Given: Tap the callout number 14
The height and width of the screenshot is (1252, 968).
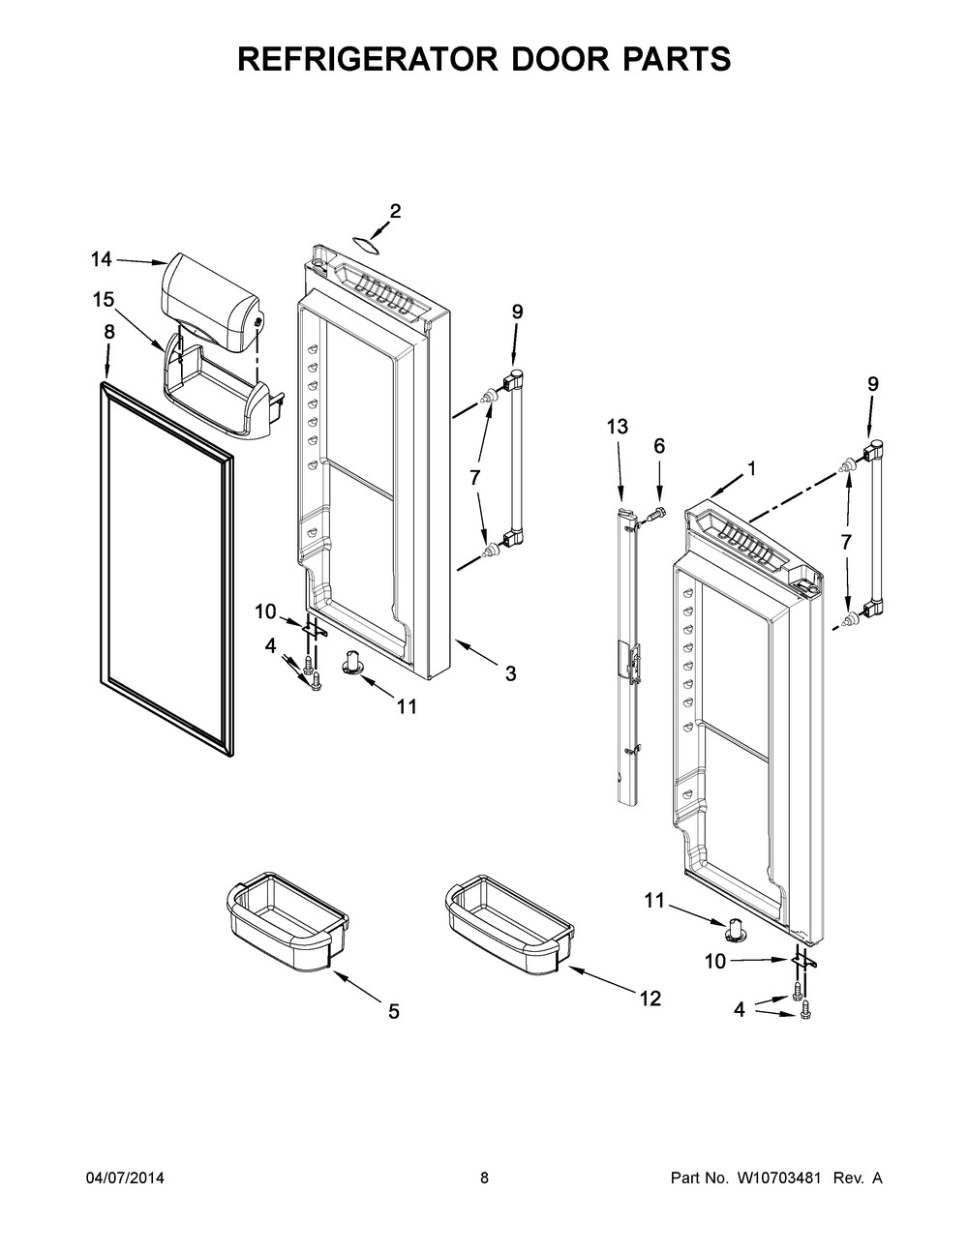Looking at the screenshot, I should pyautogui.click(x=102, y=258).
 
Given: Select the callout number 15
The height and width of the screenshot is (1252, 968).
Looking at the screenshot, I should pyautogui.click(x=104, y=300).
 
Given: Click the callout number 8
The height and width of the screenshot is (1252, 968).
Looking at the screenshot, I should pyautogui.click(x=109, y=331).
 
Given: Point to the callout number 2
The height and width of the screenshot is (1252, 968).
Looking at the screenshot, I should pyautogui.click(x=395, y=211).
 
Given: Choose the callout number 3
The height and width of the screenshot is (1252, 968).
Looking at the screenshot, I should pyautogui.click(x=509, y=673).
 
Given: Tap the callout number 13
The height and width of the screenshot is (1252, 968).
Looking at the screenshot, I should pyautogui.click(x=618, y=426).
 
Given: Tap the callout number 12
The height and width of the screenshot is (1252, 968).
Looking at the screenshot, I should pyautogui.click(x=650, y=999).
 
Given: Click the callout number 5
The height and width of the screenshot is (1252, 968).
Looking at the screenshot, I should pyautogui.click(x=393, y=1012).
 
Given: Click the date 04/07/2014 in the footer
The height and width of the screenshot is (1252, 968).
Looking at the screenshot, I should pyautogui.click(x=125, y=1178).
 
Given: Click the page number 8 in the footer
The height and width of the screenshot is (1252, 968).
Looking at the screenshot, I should pyautogui.click(x=484, y=1178).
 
